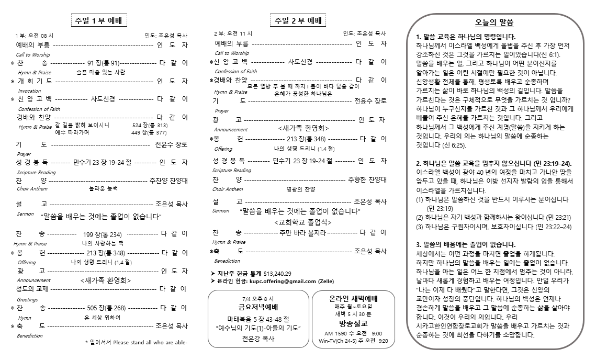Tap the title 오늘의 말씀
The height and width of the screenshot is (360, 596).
point(494,23)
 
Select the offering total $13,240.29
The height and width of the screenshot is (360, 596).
point(277,273)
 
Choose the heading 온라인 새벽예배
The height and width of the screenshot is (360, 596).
point(353,298)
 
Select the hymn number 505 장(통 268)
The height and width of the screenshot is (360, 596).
point(107,308)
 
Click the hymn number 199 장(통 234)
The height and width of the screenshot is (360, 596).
point(103,234)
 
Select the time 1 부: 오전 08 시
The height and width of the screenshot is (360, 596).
point(35,36)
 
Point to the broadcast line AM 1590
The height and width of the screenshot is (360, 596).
point(335,333)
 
